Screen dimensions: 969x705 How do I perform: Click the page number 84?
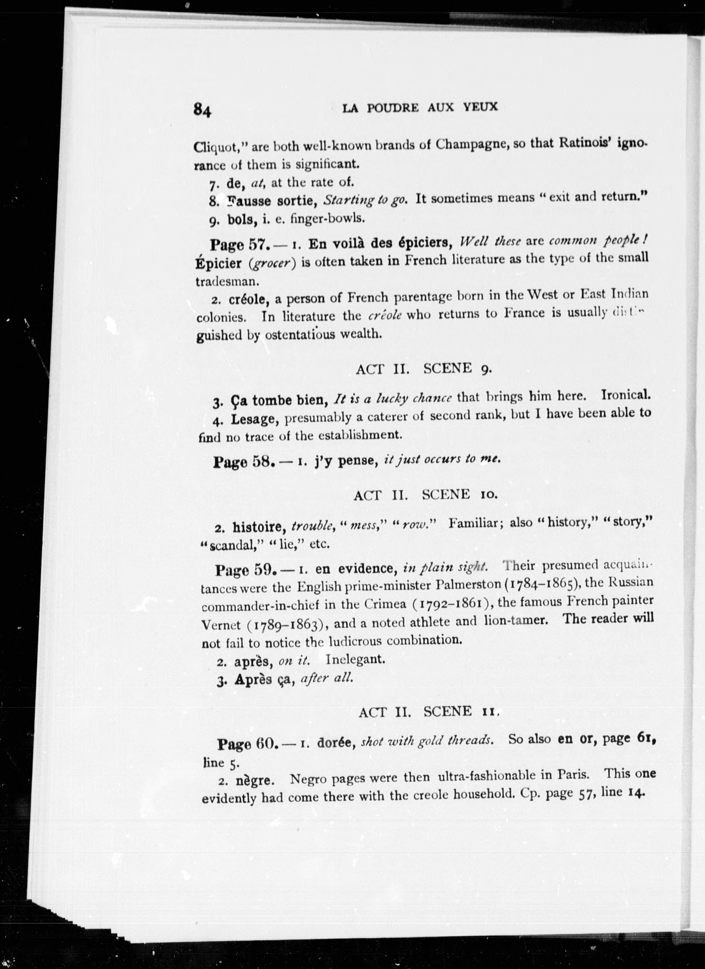202,110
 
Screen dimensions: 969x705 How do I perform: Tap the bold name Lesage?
255,420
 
